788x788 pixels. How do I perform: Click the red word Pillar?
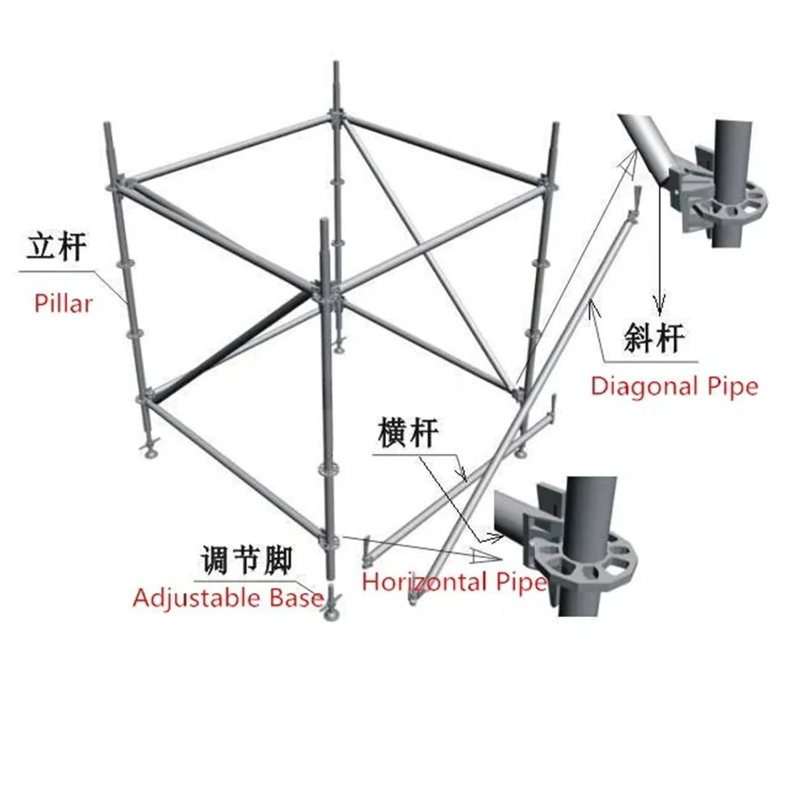63,303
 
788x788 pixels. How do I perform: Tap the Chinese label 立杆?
56,246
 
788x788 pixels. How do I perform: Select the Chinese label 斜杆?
654,338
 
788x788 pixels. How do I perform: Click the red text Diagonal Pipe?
675,387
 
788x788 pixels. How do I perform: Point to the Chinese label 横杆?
408,432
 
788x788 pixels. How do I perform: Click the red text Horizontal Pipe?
455,582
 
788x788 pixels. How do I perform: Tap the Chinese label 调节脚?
247,559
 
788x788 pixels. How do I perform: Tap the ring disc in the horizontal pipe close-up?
583,557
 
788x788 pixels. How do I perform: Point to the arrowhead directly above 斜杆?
660,304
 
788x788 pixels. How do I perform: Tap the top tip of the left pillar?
107,124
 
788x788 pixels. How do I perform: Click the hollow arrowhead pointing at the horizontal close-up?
485,556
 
